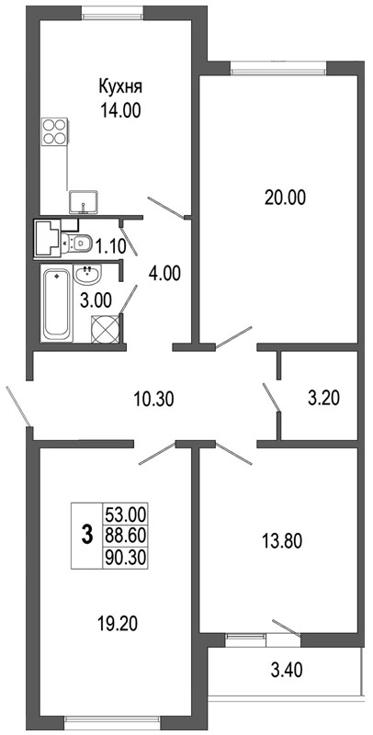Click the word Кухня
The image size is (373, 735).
click(120, 87)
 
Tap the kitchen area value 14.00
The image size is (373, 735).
click(120, 111)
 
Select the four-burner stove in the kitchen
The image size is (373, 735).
click(54, 131)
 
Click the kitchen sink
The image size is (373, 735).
click(84, 202)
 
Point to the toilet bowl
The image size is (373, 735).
click(77, 243)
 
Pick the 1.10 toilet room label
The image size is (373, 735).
click(111, 246)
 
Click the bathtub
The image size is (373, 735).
click(57, 303)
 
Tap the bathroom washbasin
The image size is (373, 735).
click(87, 274)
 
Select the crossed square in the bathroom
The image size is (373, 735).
click(106, 329)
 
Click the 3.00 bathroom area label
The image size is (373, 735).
click(96, 300)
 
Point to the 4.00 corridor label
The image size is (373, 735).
click(164, 273)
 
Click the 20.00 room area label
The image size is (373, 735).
click(285, 198)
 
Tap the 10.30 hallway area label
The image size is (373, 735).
click(153, 400)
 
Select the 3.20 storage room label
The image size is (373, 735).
click(323, 399)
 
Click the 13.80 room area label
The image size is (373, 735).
click(282, 541)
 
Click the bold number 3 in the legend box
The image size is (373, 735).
click(86, 535)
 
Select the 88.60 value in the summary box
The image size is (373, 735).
click(126, 535)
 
